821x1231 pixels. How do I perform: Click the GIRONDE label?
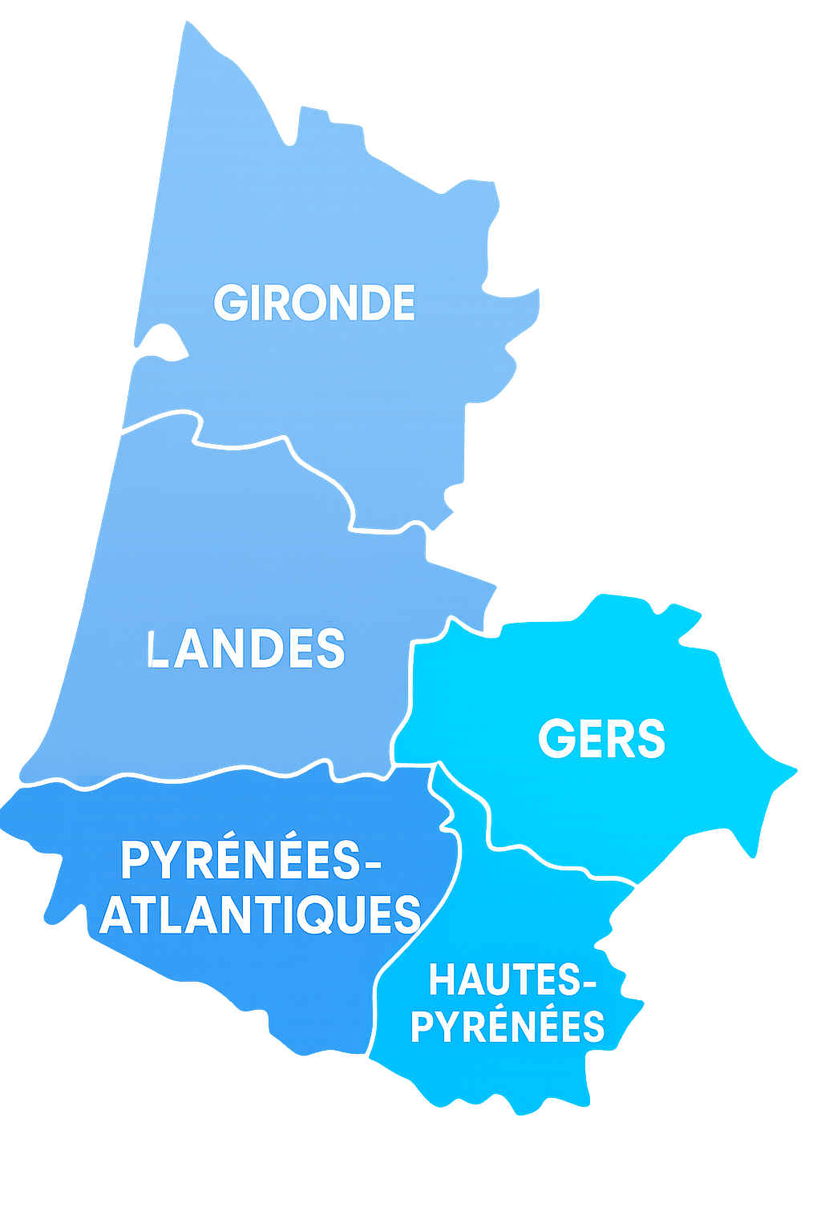click(x=314, y=303)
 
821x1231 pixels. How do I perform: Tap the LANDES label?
click(x=248, y=649)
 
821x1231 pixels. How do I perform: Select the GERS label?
click(x=601, y=739)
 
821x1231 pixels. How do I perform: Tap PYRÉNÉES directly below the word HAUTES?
click(x=508, y=1027)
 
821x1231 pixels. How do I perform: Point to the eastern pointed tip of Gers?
click(x=795, y=771)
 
